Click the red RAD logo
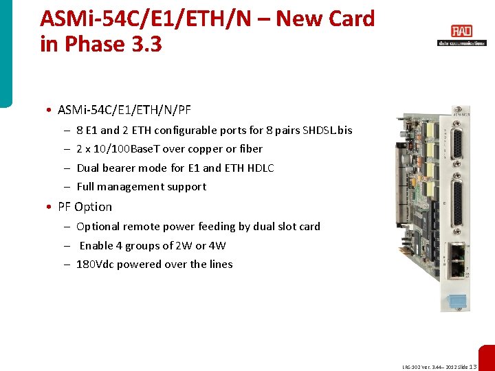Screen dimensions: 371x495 point(461,31)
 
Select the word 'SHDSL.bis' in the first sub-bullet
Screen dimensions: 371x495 point(327,130)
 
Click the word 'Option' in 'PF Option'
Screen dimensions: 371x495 point(93,207)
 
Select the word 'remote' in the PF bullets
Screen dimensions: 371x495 point(140,227)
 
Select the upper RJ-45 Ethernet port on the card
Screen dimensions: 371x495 point(454,253)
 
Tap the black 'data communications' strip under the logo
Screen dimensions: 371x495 point(461,43)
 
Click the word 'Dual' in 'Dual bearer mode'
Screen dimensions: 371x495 point(87,168)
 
